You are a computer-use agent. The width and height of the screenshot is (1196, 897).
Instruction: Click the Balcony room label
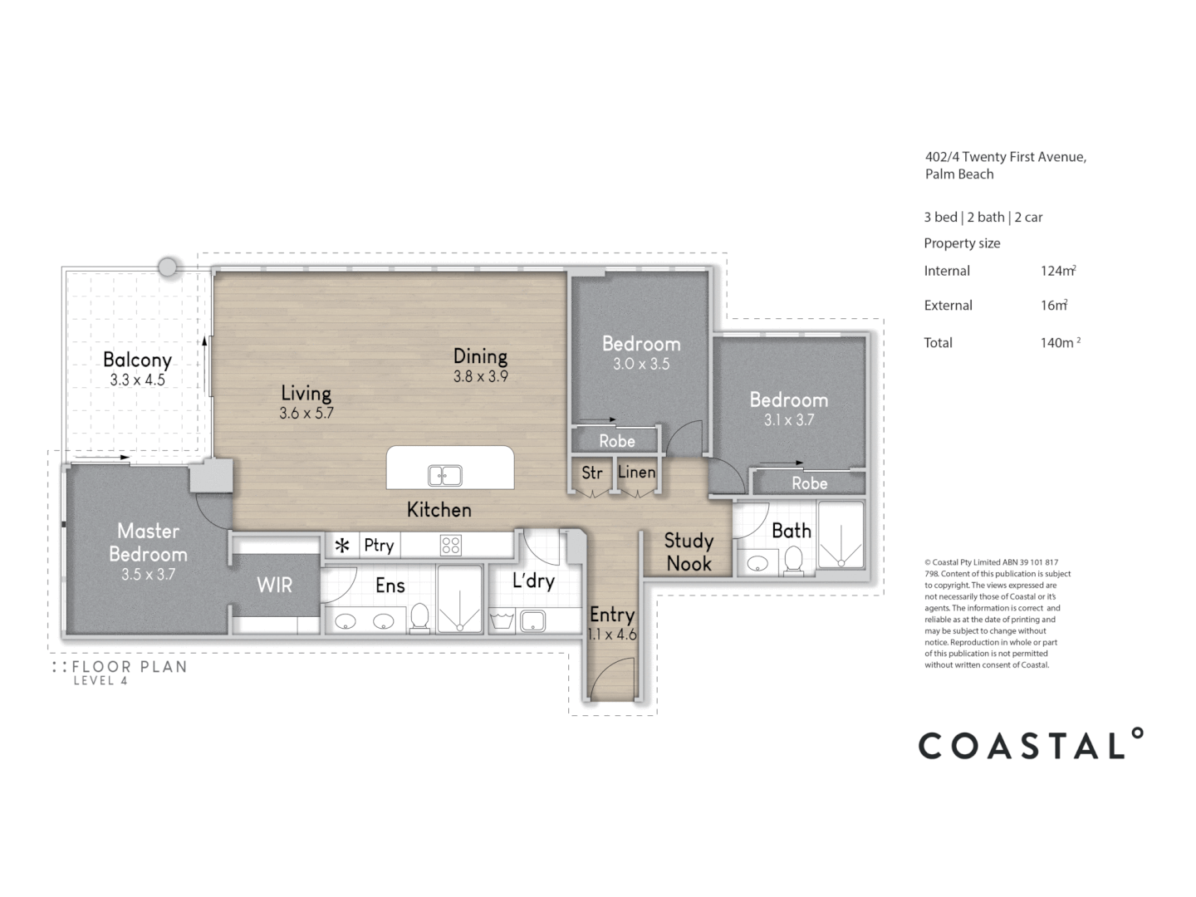coord(137,360)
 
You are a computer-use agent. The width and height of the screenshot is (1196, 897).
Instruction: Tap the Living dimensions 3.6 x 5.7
coord(306,413)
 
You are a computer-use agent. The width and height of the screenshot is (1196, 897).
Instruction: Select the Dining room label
coord(480,356)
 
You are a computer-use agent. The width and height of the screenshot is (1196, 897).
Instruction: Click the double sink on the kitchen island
coord(445,475)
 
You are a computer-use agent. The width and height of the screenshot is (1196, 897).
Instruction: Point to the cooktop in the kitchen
coord(451,546)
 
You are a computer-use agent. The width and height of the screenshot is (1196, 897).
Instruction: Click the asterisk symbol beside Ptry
coord(341,547)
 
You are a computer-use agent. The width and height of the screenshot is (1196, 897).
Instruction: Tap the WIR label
coord(274,585)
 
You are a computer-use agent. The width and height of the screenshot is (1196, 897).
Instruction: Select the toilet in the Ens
coord(419,618)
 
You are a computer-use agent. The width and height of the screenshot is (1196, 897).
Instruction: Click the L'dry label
coord(532,581)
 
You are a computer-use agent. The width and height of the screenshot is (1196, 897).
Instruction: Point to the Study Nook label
coord(689,552)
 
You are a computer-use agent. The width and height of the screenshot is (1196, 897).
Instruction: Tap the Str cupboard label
coord(591,473)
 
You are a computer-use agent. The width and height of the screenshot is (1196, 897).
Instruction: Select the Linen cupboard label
coord(636,472)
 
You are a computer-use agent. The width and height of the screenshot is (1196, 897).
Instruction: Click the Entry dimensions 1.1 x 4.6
coord(612,635)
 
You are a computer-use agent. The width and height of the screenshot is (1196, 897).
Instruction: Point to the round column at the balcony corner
coord(168,267)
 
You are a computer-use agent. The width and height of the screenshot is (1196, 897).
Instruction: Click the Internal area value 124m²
coord(1058,271)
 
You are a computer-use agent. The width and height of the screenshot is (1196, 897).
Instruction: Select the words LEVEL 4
coord(100,681)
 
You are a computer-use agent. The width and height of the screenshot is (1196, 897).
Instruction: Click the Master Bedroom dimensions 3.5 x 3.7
coord(148,574)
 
